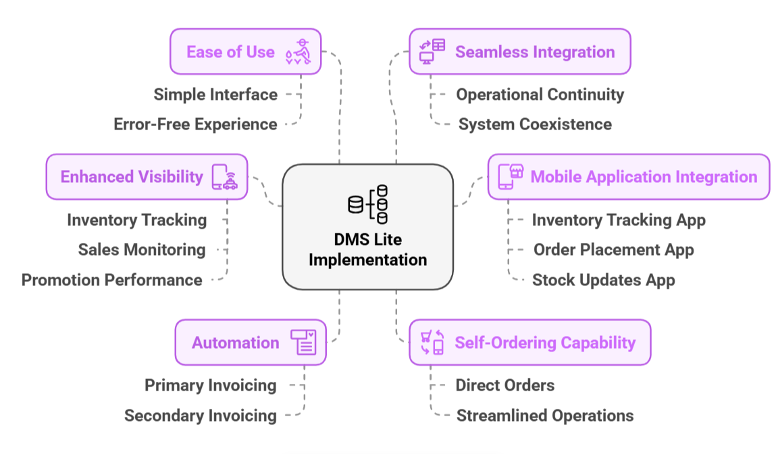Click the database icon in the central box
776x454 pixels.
(x=368, y=204)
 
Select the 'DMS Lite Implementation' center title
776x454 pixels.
(x=367, y=250)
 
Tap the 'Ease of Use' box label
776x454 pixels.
(x=230, y=52)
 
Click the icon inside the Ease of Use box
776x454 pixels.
(x=298, y=52)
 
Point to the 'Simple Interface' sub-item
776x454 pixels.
(x=215, y=94)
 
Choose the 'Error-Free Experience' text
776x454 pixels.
(x=195, y=124)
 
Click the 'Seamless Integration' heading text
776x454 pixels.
(x=535, y=52)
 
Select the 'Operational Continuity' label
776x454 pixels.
(x=540, y=94)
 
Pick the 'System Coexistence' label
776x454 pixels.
(x=535, y=124)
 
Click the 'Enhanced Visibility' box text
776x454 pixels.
(x=132, y=177)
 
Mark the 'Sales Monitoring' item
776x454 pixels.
(x=142, y=250)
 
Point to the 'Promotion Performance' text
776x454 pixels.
(x=112, y=280)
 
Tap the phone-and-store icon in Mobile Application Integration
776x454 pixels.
(x=511, y=177)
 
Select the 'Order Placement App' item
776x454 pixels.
(x=613, y=250)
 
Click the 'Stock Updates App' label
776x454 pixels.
(x=603, y=280)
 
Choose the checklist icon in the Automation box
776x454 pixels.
(x=303, y=342)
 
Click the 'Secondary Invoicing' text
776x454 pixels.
(x=201, y=416)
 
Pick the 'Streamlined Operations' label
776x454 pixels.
(x=545, y=416)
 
